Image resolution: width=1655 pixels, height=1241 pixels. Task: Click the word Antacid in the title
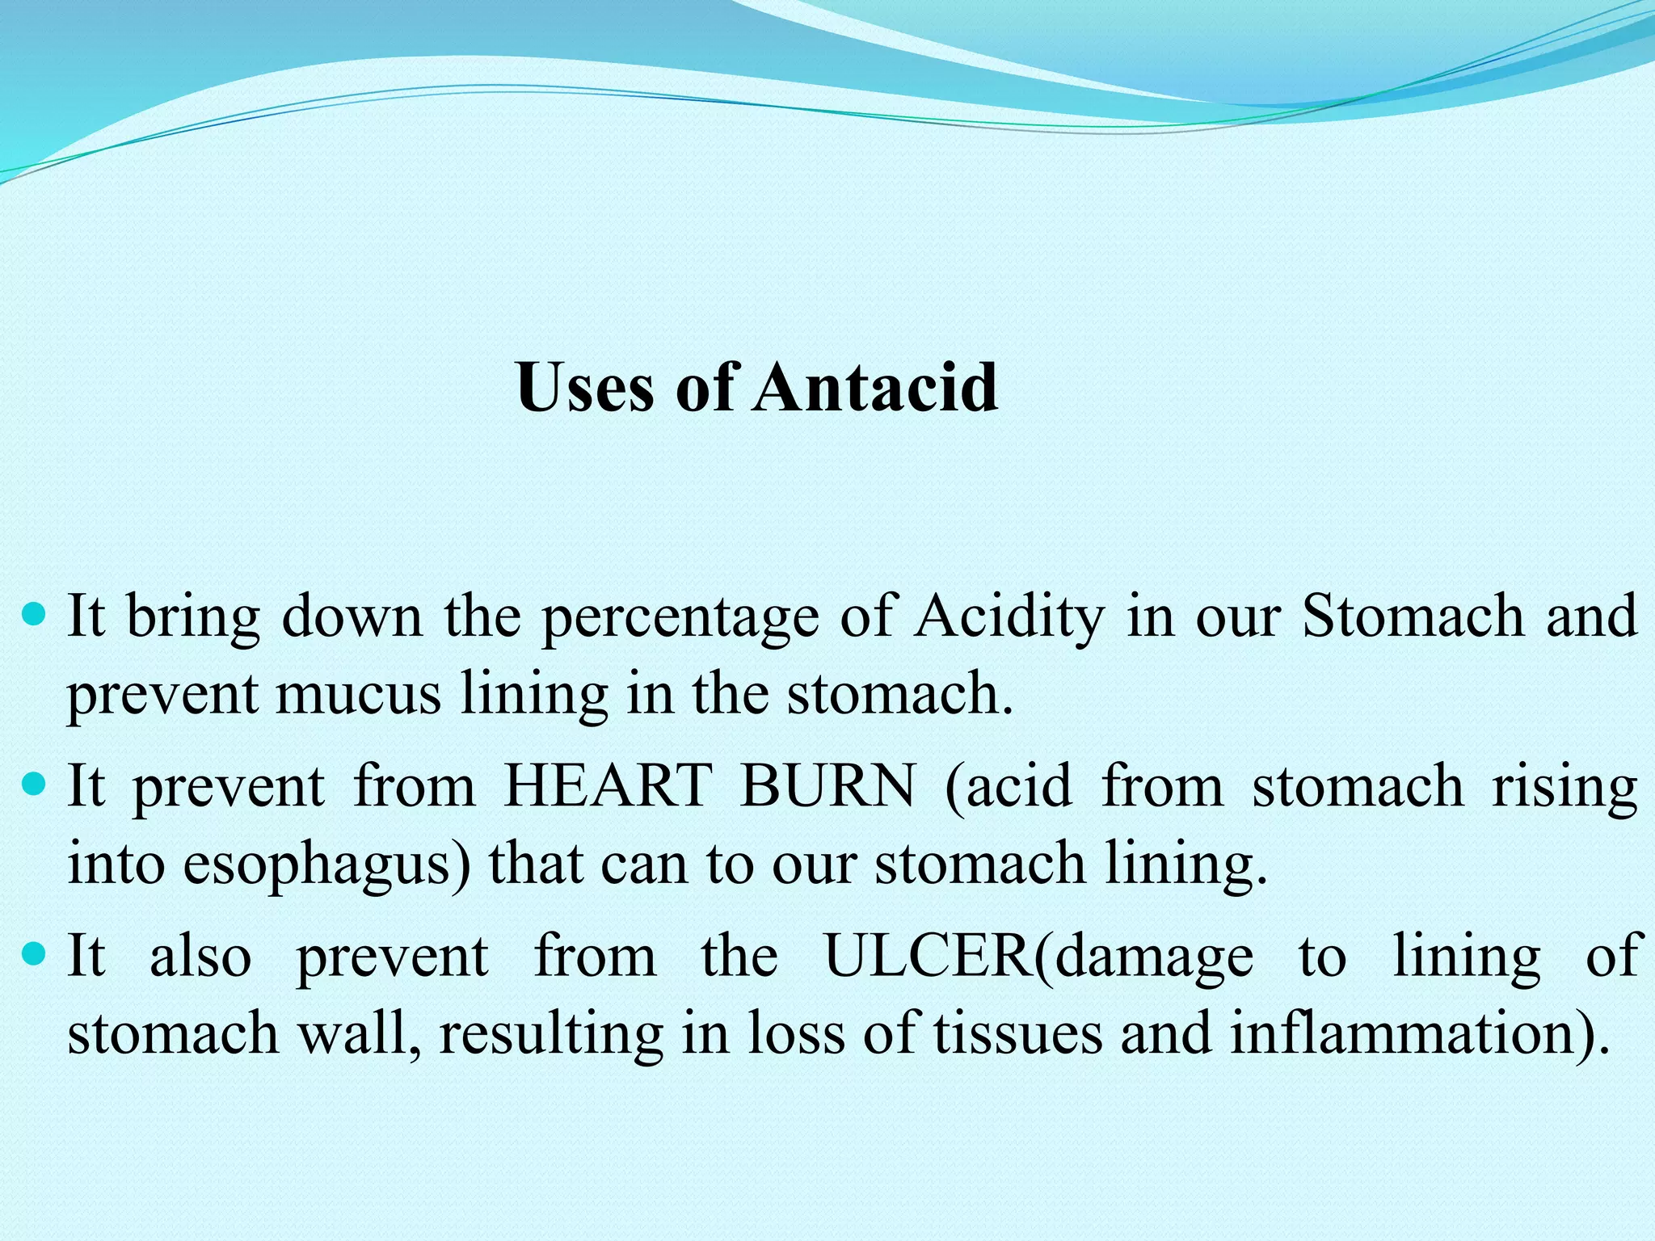(877, 387)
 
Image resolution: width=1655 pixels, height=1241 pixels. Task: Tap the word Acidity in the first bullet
(1009, 616)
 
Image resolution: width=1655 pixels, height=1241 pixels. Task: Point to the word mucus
(358, 694)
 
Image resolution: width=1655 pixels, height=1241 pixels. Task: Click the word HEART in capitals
(608, 785)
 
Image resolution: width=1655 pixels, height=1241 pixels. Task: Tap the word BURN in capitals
(828, 785)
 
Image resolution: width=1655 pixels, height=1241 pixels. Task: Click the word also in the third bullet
(200, 956)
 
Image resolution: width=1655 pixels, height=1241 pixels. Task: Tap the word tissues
(1017, 1033)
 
